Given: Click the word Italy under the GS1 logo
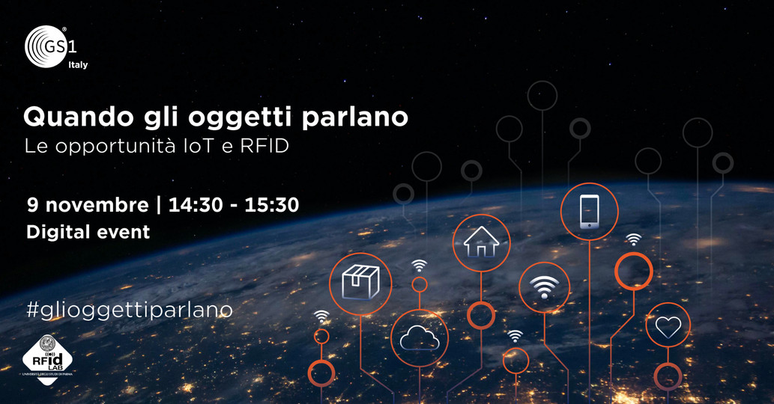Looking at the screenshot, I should [x=77, y=65].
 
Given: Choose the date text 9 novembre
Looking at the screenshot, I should [x=88, y=204].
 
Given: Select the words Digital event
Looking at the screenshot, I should [x=88, y=232].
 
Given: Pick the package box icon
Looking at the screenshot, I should [x=360, y=283].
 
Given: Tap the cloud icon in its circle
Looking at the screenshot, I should [x=419, y=339].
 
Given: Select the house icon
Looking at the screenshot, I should [x=481, y=242].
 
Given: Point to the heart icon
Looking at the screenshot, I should [x=668, y=327].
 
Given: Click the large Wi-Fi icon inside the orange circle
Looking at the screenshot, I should [x=545, y=288].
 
